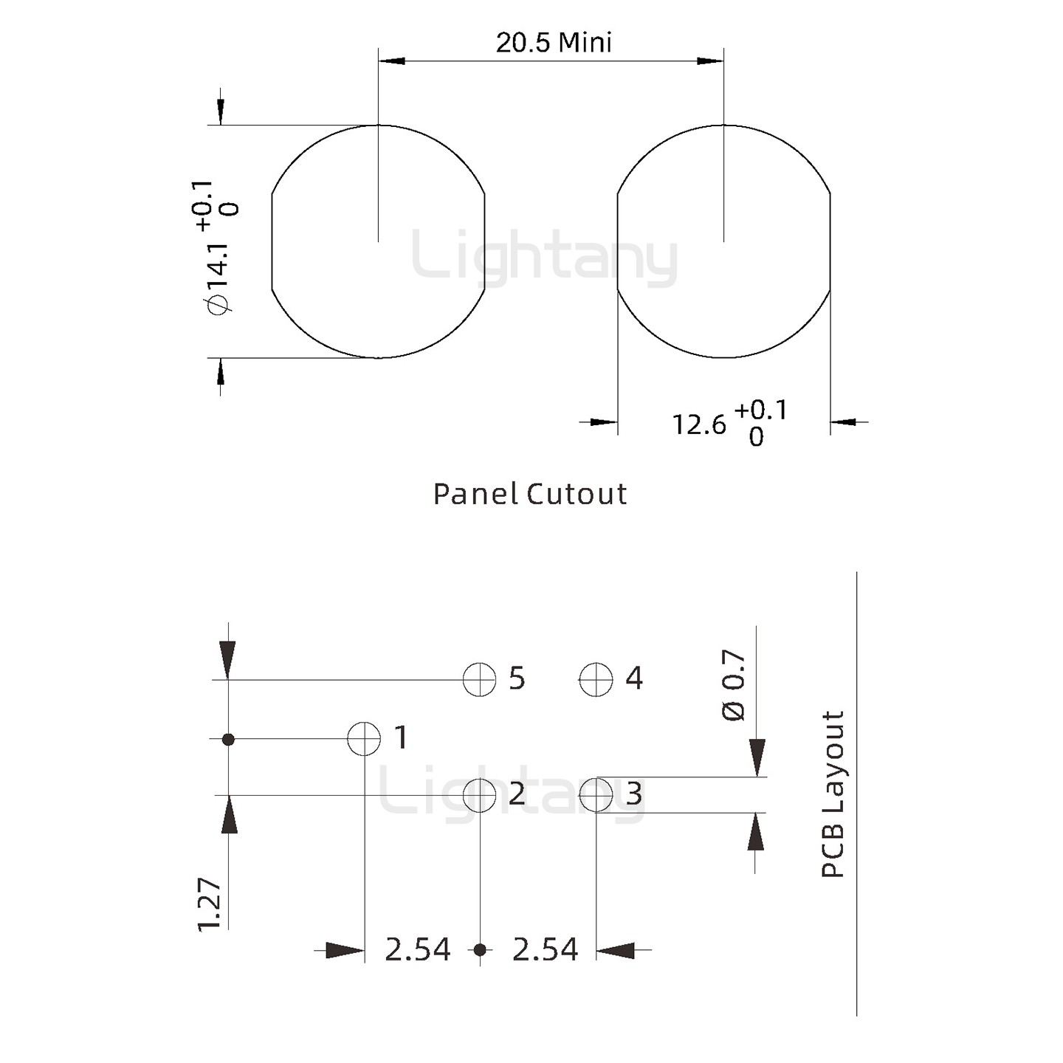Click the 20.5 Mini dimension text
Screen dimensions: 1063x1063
click(554, 43)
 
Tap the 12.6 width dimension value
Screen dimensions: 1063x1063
click(698, 425)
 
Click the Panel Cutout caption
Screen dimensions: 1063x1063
click(529, 494)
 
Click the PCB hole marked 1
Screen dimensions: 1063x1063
click(364, 738)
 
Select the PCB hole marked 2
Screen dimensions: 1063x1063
click(480, 795)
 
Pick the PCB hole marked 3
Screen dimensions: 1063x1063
click(596, 795)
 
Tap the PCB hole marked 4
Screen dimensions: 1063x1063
click(596, 679)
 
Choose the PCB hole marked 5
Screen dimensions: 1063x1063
click(480, 679)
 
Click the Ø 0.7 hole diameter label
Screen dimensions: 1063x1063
click(734, 685)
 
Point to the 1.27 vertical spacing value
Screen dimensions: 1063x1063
click(210, 904)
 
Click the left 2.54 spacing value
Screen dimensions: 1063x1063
click(417, 950)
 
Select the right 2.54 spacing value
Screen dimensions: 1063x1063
click(545, 950)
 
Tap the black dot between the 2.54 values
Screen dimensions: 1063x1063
click(480, 950)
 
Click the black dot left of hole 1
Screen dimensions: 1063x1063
click(228, 738)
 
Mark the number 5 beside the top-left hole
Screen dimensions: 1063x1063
click(517, 678)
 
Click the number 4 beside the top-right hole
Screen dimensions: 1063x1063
click(634, 678)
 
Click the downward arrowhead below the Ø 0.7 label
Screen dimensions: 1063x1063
click(757, 758)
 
